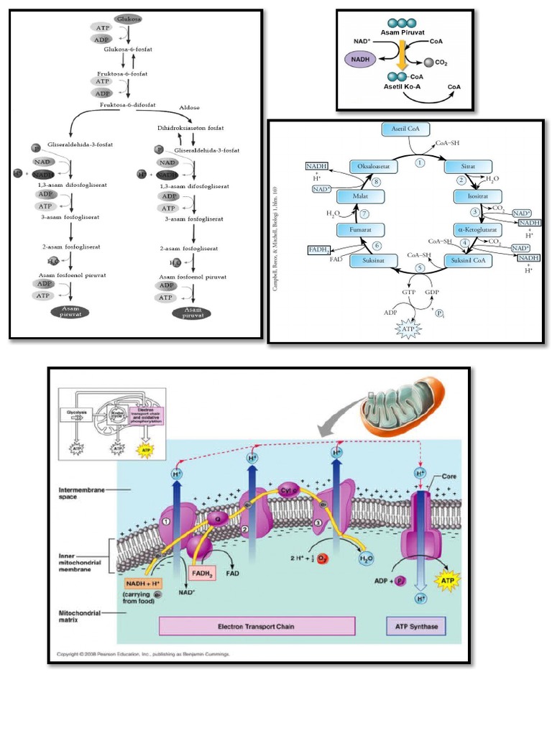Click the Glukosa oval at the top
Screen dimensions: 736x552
coord(127,19)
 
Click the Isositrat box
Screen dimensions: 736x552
coord(473,195)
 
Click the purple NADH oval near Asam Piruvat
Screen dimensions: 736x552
coord(366,59)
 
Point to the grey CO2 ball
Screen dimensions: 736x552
coord(427,63)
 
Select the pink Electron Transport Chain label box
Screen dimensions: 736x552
coord(257,626)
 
